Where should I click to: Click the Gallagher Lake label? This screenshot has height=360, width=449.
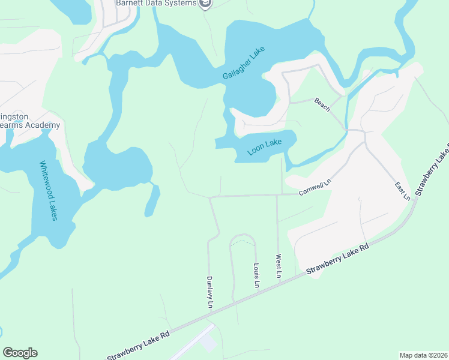point(243,63)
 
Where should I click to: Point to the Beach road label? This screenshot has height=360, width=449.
point(323,106)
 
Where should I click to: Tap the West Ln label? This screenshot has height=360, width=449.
point(279,266)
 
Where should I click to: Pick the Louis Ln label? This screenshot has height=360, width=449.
point(256,275)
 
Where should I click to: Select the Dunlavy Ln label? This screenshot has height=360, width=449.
point(210,292)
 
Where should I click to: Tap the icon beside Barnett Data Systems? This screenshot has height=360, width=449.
point(206,4)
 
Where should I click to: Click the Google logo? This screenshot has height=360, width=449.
point(20,353)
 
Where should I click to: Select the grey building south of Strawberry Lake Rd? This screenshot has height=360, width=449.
point(208,343)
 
